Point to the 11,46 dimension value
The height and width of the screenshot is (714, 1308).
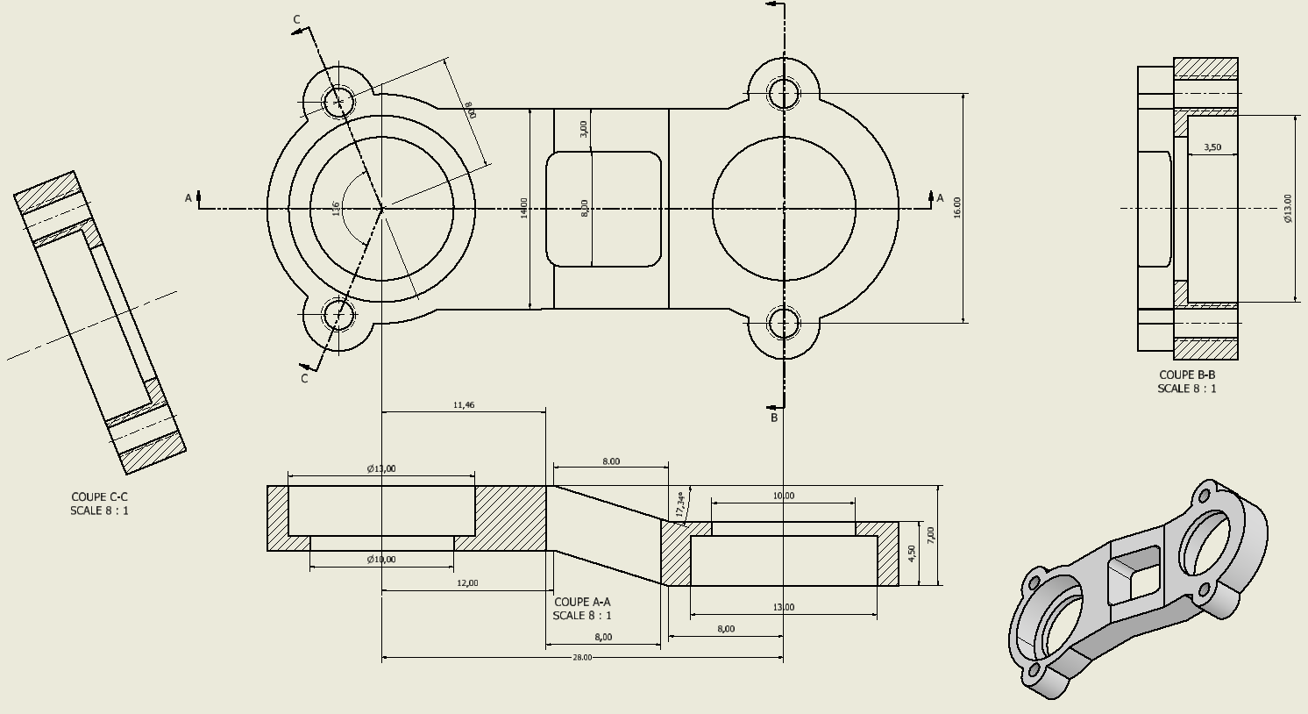[x=464, y=405]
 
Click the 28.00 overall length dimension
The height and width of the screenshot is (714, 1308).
[x=582, y=657]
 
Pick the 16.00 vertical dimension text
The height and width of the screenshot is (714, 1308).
[x=957, y=207]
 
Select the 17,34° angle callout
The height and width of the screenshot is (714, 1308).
[x=680, y=503]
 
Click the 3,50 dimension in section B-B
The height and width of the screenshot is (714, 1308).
[x=1212, y=147]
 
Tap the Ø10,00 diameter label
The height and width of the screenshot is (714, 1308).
[x=381, y=560]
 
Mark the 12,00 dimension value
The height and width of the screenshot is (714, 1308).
[x=467, y=583]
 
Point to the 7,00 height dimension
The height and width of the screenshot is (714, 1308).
[x=931, y=533]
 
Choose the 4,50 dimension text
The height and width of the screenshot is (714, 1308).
[x=912, y=553]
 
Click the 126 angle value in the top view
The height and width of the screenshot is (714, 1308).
[x=336, y=208]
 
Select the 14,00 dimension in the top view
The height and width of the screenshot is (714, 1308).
[x=524, y=208]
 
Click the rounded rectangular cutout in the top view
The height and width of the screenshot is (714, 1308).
[x=603, y=209]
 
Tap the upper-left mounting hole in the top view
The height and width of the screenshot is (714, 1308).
[x=338, y=102]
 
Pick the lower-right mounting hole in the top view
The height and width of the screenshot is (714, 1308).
[x=784, y=322]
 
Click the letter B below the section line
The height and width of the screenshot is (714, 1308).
[x=774, y=418]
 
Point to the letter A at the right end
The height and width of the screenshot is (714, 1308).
[x=941, y=198]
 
